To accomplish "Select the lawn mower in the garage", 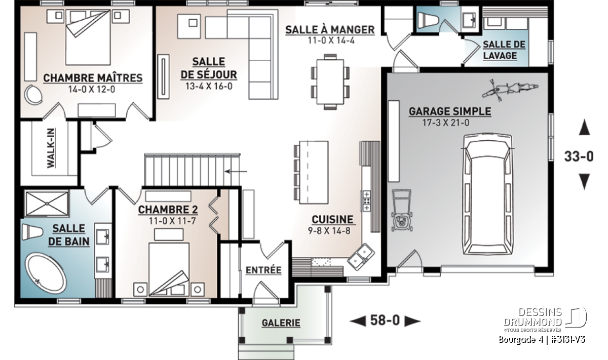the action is pos(401,211).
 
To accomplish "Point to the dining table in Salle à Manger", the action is pos(330,82).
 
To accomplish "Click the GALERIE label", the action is pos(281,323).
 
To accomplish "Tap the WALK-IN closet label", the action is pos(51,148).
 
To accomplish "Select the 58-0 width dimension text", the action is pos(385,321).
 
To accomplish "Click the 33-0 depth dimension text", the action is pos(579,156).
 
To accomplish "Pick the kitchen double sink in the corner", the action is pos(361,257).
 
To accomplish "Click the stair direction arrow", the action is pos(236,172).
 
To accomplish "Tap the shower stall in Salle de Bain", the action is pos(47,203).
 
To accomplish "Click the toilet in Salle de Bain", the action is pos(32,232).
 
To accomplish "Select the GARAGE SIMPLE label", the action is pos(450,111).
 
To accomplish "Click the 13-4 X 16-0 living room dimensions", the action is pos(209,87).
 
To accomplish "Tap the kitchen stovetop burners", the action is pos(366,201).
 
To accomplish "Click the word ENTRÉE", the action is pos(263,270).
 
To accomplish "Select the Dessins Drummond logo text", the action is pos(533,317).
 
